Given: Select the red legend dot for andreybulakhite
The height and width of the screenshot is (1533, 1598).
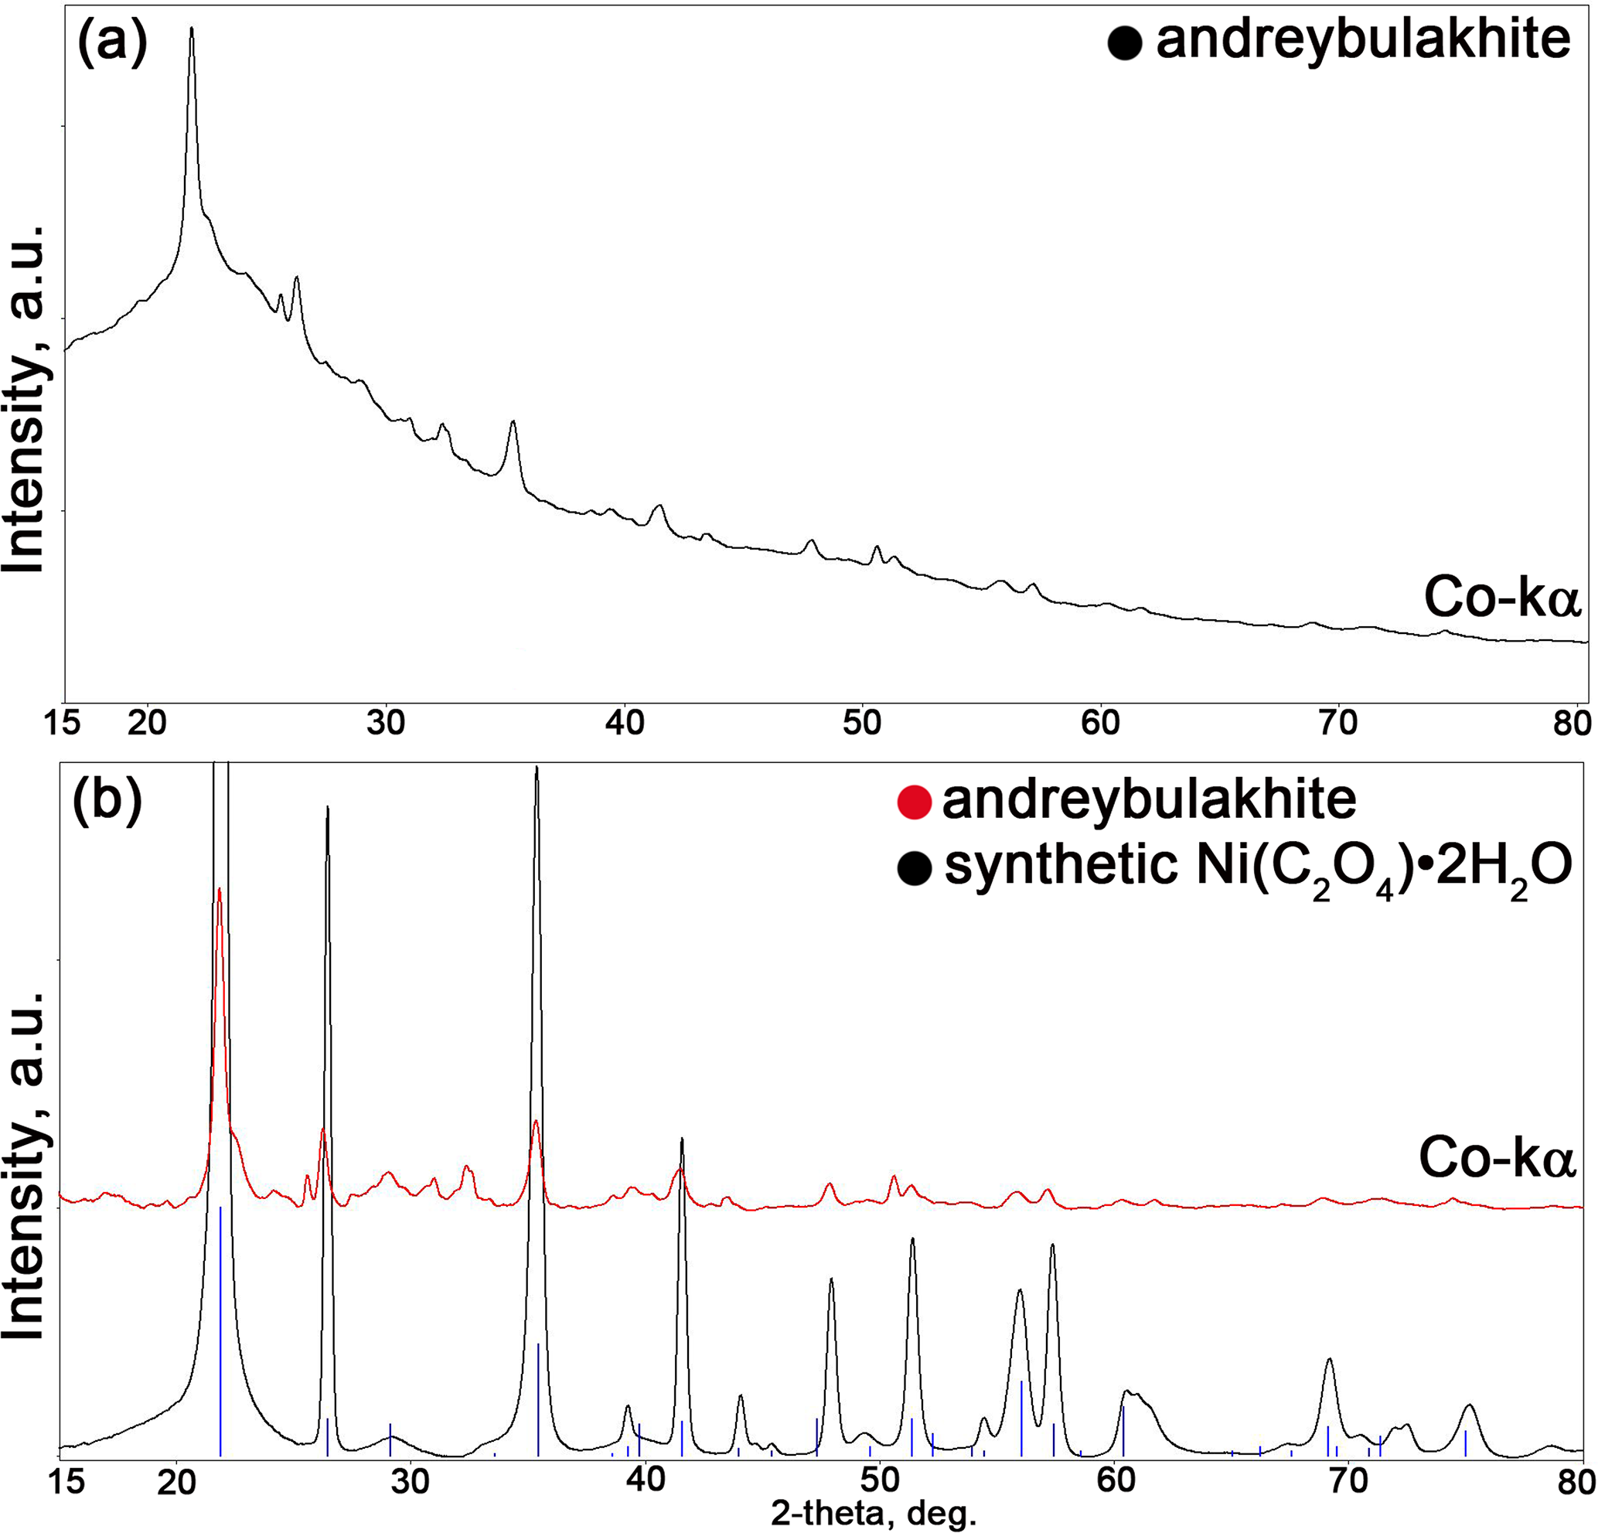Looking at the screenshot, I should tap(914, 802).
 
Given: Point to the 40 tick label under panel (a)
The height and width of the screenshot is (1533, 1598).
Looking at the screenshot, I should tap(625, 724).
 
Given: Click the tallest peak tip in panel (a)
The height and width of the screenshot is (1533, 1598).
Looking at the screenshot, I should tap(192, 29).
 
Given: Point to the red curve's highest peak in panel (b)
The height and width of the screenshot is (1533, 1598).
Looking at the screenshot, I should tap(220, 890).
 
